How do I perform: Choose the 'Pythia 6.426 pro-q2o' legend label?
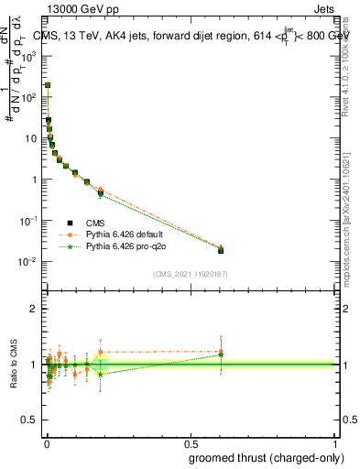coord(128,246)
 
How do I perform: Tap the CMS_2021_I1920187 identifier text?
coord(190,273)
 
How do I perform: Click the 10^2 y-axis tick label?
coord(27,96)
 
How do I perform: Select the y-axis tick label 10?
coord(29,137)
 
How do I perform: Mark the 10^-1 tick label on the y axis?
coord(27,221)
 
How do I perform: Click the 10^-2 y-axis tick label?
coord(27,262)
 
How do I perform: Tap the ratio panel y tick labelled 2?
coord(32,309)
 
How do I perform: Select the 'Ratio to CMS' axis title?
coord(12,365)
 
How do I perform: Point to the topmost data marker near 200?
coord(48,84)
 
